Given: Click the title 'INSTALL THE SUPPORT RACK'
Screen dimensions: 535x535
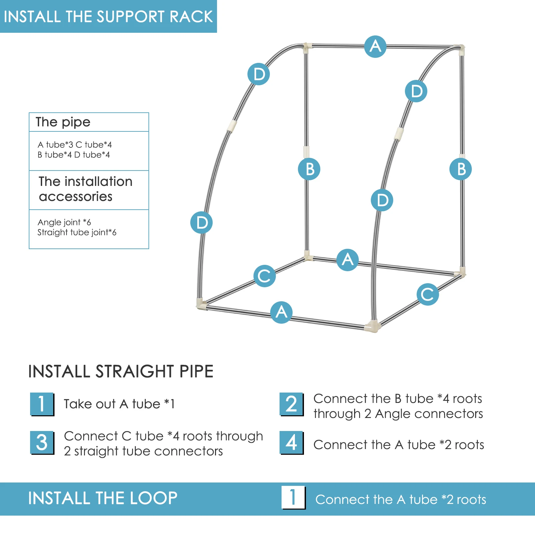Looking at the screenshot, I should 108,16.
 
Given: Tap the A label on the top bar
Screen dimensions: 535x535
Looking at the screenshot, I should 375,46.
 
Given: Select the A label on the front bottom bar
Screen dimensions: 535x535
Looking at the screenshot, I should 281,312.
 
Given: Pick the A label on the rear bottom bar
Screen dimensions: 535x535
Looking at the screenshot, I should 347,260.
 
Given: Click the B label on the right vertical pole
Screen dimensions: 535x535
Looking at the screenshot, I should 460,169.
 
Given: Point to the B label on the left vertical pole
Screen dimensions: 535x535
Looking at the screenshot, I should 309,169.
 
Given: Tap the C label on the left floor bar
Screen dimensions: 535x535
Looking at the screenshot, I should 264,276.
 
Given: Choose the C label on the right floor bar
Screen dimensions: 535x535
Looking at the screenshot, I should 428,294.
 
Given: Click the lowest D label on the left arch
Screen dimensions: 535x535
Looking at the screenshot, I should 201,222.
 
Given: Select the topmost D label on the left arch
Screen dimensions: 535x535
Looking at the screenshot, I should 258,74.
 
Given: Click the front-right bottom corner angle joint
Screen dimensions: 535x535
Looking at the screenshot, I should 372,326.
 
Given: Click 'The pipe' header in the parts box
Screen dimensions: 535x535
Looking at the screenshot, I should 63,122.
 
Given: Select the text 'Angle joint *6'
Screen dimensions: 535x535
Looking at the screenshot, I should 64,222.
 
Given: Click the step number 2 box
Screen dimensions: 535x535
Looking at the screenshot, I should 291,404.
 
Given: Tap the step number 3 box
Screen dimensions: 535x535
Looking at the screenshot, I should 42,442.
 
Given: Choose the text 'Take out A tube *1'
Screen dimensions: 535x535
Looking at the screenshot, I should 119,404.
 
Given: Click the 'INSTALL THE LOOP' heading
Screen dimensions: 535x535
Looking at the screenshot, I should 103,498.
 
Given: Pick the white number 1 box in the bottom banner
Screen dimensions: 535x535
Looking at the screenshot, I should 293,497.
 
